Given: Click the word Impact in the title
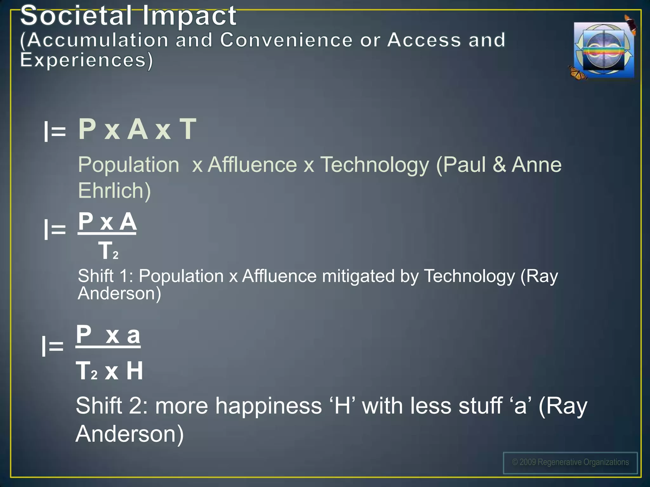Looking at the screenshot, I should tap(189, 16).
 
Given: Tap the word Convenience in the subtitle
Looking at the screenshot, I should tap(286, 40).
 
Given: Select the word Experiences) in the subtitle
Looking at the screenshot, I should tap(86, 60).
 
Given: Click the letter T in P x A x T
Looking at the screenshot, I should tap(188, 129).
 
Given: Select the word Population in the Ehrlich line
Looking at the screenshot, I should tap(129, 165).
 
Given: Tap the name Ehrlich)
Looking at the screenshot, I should tap(114, 191).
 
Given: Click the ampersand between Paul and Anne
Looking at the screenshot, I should tap(499, 165).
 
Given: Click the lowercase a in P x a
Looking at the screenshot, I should tap(133, 335).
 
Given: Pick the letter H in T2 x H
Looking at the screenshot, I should tap(135, 371).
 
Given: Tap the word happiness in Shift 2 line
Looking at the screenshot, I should tap(269, 406).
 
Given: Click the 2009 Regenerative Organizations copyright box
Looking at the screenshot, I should tap(570, 463).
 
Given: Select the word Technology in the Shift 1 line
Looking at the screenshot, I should tap(469, 276).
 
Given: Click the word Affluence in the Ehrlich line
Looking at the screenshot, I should tap(252, 165).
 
